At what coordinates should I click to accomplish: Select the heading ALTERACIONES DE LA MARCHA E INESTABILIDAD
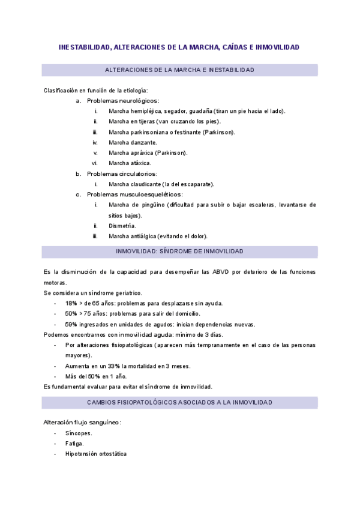tap(179, 70)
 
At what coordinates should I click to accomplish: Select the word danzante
tap(143, 142)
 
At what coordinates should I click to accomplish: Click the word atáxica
tap(139, 163)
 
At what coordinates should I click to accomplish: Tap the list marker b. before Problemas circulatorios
tap(78, 173)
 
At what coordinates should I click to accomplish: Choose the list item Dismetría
tap(122, 226)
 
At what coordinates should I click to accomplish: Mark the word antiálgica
tap(146, 236)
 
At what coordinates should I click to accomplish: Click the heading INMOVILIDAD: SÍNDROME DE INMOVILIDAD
tap(179, 251)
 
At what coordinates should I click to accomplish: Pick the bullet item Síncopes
tap(79, 433)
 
